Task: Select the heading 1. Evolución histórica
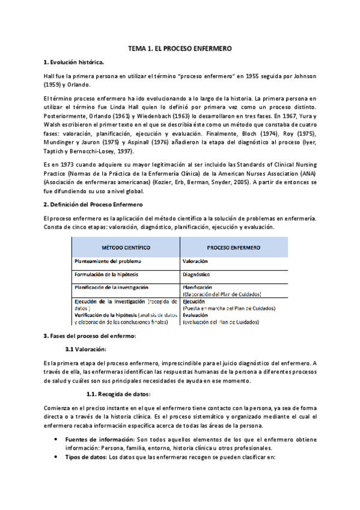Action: point(74,63)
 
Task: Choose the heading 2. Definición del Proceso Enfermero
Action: point(89,205)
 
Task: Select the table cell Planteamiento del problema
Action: point(108,262)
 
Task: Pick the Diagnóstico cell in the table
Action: point(197,274)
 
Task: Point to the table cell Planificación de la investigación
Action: point(111,287)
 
